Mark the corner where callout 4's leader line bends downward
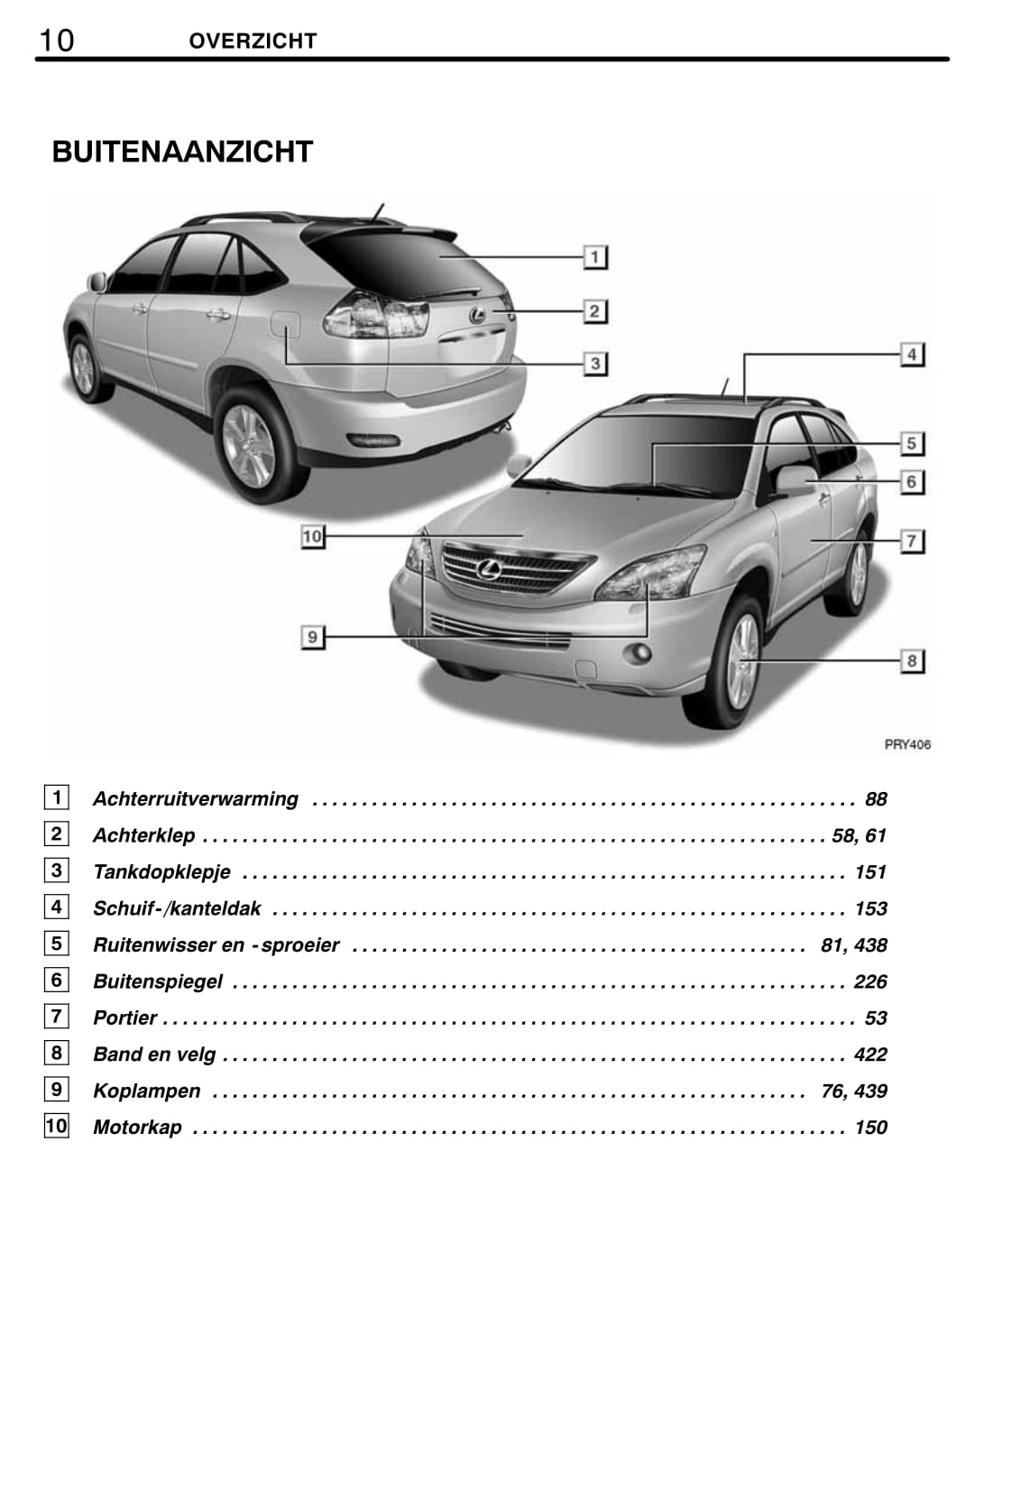[744, 355]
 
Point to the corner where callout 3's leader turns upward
[286, 364]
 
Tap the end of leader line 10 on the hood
[522, 536]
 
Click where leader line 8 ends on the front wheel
[749, 660]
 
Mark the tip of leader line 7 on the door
[811, 540]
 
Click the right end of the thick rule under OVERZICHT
[948, 60]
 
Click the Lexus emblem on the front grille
[488, 569]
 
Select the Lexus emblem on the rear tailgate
[477, 315]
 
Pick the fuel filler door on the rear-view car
[285, 325]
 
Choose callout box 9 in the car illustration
[312, 637]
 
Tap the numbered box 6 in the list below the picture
[57, 981]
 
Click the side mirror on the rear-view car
[97, 281]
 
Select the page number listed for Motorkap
[871, 1128]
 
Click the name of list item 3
[161, 872]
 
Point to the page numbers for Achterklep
[859, 836]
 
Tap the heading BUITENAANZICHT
[182, 152]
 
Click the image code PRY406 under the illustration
[907, 745]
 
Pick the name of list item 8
[154, 1055]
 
